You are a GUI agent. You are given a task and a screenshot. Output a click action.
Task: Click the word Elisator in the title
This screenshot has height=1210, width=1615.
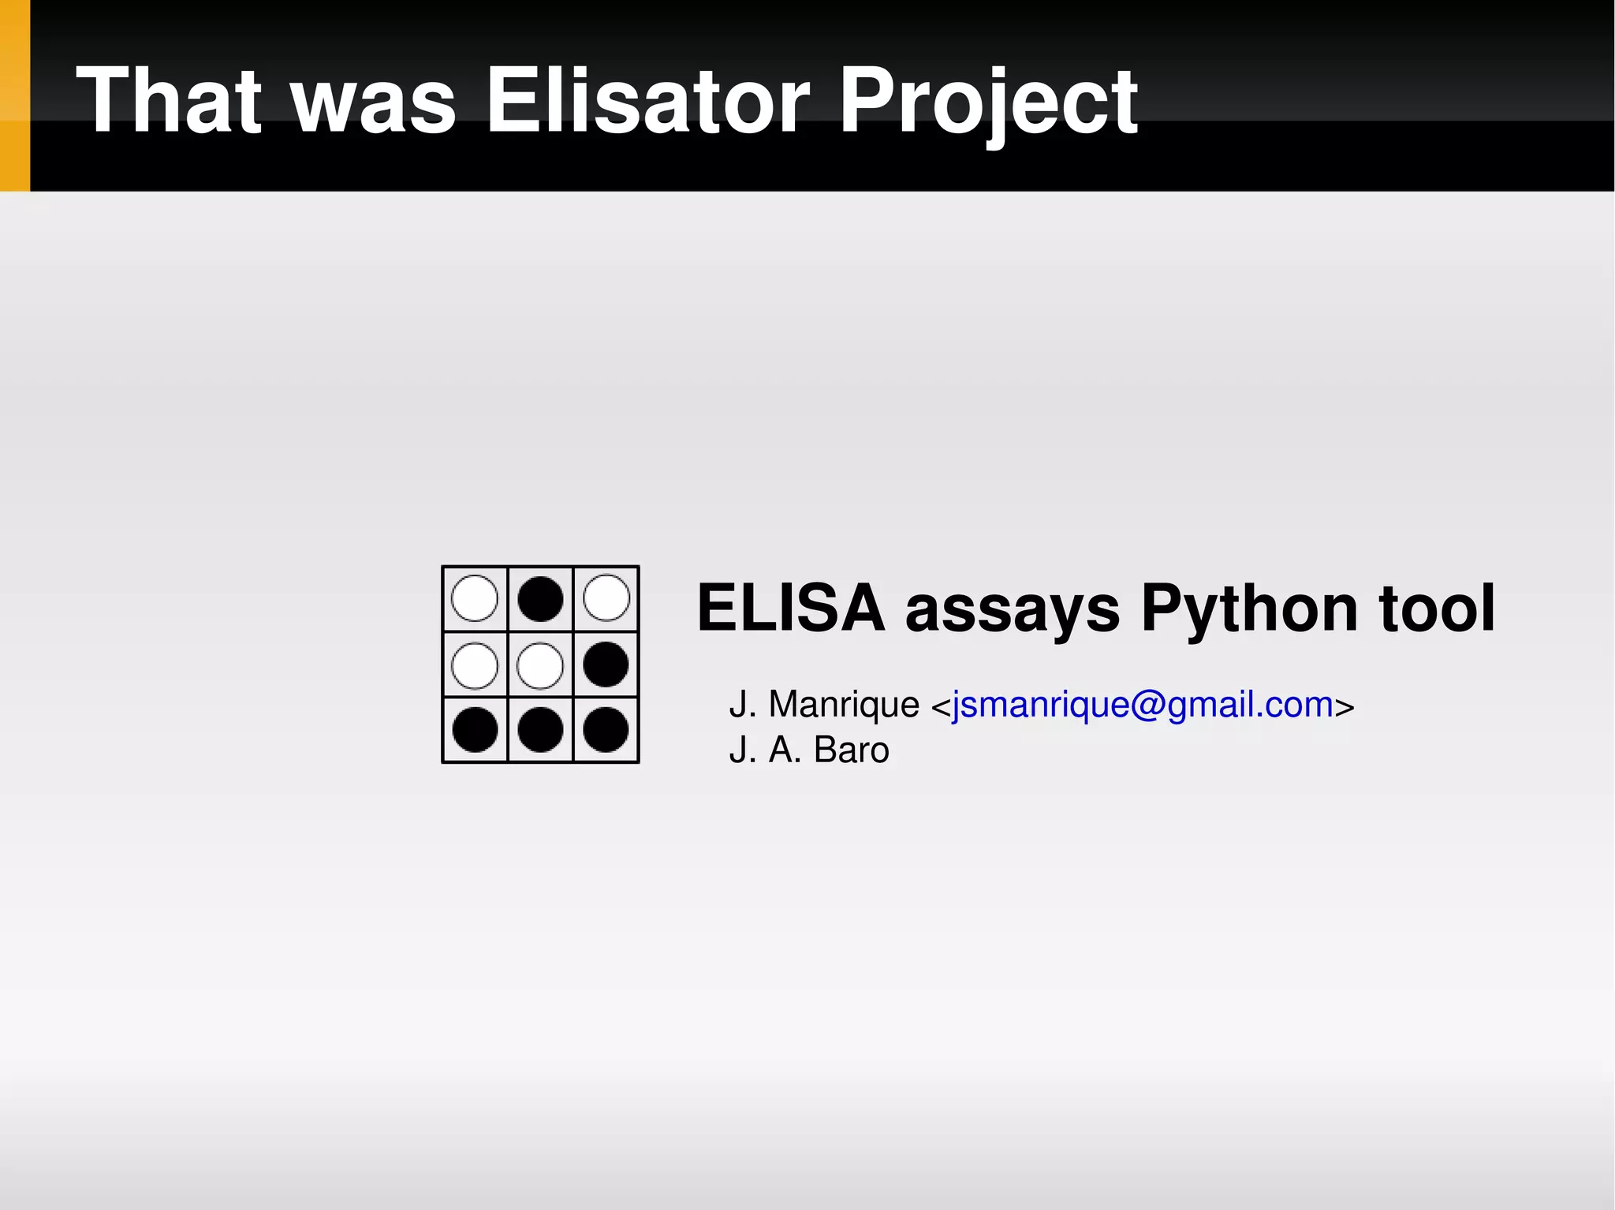pyautogui.click(x=647, y=100)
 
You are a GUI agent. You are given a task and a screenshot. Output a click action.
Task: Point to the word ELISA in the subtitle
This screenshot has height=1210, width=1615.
pyautogui.click(x=791, y=608)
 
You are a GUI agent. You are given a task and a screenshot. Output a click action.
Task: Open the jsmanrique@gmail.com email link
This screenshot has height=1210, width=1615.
pyautogui.click(x=1142, y=704)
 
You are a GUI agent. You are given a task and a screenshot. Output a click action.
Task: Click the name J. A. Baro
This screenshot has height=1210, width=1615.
pyautogui.click(x=809, y=750)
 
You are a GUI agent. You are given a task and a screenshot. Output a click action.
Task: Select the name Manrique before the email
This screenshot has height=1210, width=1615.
pyautogui.click(x=843, y=704)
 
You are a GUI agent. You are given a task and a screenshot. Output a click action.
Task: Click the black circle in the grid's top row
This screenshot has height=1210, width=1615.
pyautogui.click(x=540, y=599)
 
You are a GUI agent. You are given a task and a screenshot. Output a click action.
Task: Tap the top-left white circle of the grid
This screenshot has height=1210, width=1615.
pyautogui.click(x=475, y=599)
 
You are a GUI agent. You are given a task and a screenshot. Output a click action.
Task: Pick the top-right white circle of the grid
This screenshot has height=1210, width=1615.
pyautogui.click(x=606, y=599)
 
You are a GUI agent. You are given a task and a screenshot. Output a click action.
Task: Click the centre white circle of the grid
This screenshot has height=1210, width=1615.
pyautogui.click(x=540, y=665)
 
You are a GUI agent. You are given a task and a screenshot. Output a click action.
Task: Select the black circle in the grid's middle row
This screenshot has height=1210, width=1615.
pyautogui.click(x=606, y=665)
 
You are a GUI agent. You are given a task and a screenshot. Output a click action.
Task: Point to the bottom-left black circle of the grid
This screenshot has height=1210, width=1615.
pyautogui.click(x=475, y=730)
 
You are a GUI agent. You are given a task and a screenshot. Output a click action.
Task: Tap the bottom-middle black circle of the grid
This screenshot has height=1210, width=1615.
pyautogui.click(x=540, y=730)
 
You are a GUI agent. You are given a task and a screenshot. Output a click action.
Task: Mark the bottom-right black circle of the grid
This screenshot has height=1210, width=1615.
pyautogui.click(x=606, y=730)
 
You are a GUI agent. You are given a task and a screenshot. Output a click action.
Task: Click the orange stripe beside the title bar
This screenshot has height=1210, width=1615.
pyautogui.click(x=14, y=95)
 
